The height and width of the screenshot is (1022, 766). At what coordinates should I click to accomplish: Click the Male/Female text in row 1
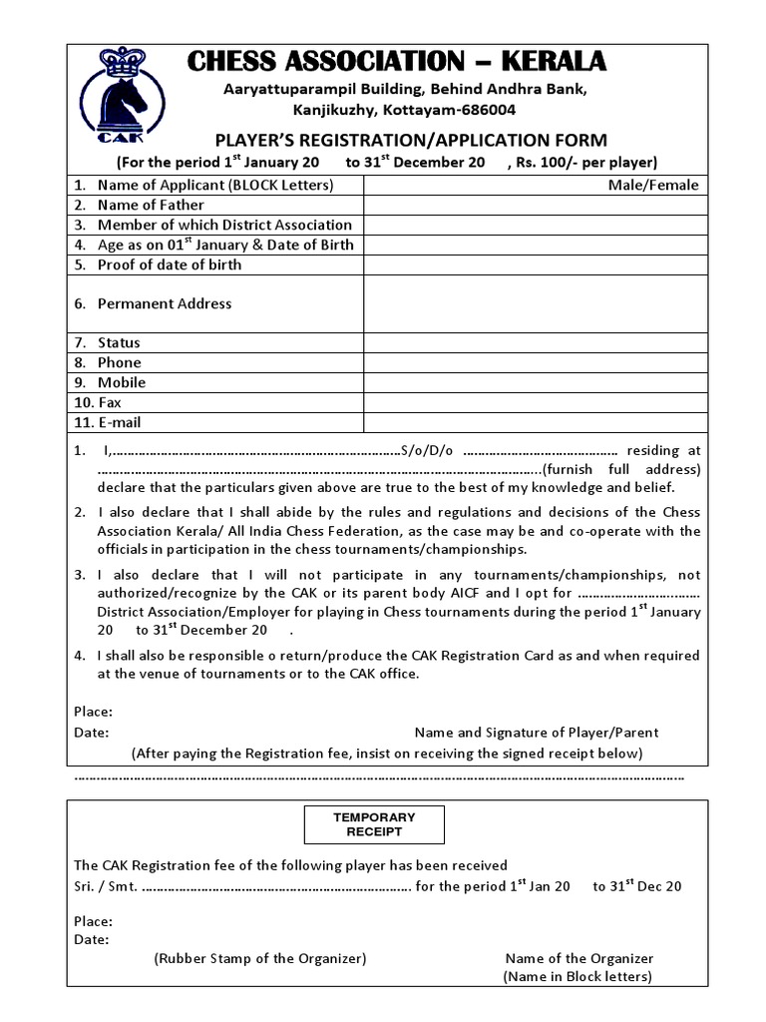654,185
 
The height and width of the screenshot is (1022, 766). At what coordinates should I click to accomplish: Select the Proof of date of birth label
170,264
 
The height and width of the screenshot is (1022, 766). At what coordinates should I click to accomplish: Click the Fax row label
110,402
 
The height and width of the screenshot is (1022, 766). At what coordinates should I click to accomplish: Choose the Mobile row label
122,382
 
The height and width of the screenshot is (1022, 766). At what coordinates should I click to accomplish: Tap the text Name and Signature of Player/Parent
537,732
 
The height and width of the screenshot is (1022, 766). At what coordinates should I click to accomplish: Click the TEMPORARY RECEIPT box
374,824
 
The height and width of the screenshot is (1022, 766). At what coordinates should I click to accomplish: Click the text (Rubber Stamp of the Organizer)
260,958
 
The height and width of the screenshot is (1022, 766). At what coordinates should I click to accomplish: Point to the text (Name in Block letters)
577,976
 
